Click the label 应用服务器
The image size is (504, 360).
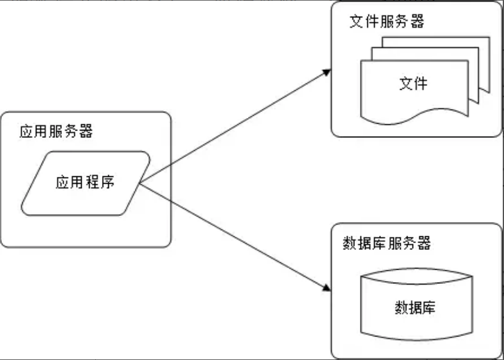56,132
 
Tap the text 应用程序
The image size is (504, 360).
85,182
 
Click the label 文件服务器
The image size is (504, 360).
387,22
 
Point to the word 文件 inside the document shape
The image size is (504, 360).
413,84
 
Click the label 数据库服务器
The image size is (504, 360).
387,242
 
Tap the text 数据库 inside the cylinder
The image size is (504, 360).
414,307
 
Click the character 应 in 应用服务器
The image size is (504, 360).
26,132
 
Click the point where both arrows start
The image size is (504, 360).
141,183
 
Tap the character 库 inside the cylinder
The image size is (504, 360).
428,307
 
